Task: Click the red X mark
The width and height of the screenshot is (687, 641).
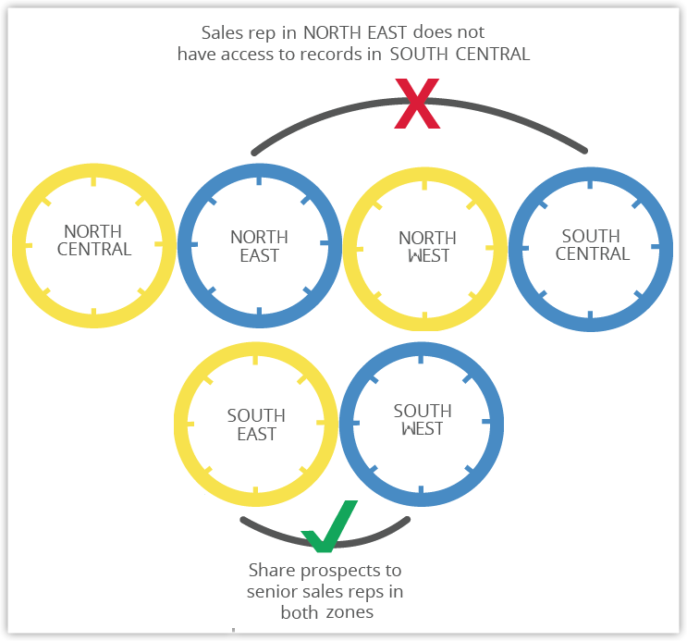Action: (x=417, y=103)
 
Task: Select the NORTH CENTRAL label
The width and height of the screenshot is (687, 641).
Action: (x=94, y=240)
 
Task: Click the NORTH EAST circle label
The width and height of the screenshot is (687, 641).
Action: (x=259, y=246)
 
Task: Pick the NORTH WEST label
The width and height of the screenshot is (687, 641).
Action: (x=427, y=247)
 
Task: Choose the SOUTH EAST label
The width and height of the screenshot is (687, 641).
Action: (x=256, y=425)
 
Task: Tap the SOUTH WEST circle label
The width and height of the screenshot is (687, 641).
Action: (x=423, y=420)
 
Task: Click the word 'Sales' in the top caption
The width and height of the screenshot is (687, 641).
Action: (x=221, y=33)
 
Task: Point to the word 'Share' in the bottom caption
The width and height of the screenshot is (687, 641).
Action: (x=271, y=571)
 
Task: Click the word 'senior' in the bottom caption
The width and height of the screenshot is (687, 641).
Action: (x=274, y=591)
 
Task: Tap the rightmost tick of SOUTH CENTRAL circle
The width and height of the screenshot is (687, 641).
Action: (x=656, y=246)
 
